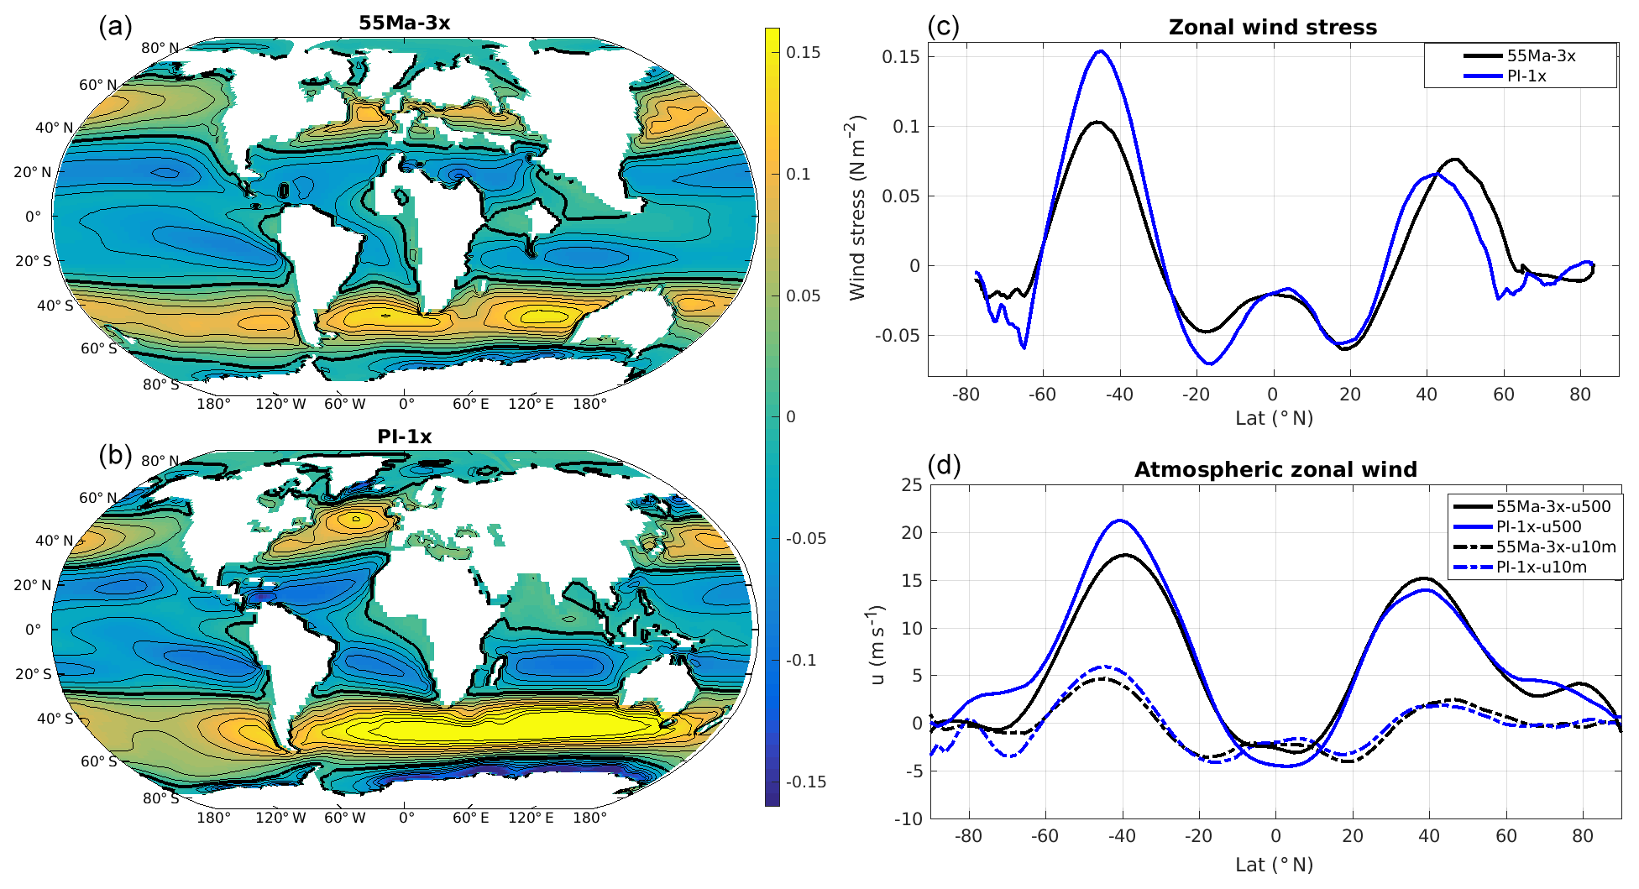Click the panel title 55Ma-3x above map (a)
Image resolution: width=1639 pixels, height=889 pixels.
click(404, 24)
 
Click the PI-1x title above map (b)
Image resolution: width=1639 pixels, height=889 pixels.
click(404, 437)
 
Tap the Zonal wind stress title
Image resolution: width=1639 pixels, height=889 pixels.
click(1272, 28)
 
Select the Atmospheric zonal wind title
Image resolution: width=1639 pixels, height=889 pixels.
click(1275, 470)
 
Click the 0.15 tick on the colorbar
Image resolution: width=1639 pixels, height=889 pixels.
click(803, 52)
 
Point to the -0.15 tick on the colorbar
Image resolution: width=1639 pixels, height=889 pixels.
click(805, 782)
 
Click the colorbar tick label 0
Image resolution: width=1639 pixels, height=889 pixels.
click(790, 417)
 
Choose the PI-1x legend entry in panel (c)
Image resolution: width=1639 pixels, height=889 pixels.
click(1526, 76)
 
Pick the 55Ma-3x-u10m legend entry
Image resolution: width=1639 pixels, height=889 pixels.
click(1555, 547)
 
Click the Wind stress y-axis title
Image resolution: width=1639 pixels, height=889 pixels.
click(856, 208)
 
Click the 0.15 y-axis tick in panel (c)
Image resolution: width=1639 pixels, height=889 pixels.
click(900, 57)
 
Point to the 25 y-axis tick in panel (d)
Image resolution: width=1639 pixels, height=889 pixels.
click(911, 485)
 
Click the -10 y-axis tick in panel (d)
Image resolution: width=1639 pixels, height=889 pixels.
click(908, 818)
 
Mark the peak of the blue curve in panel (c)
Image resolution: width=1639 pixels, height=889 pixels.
click(1100, 51)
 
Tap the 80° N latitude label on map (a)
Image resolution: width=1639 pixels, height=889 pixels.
click(160, 48)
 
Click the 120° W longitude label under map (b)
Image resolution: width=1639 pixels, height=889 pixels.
click(280, 818)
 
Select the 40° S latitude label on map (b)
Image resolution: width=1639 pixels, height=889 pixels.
click(55, 719)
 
